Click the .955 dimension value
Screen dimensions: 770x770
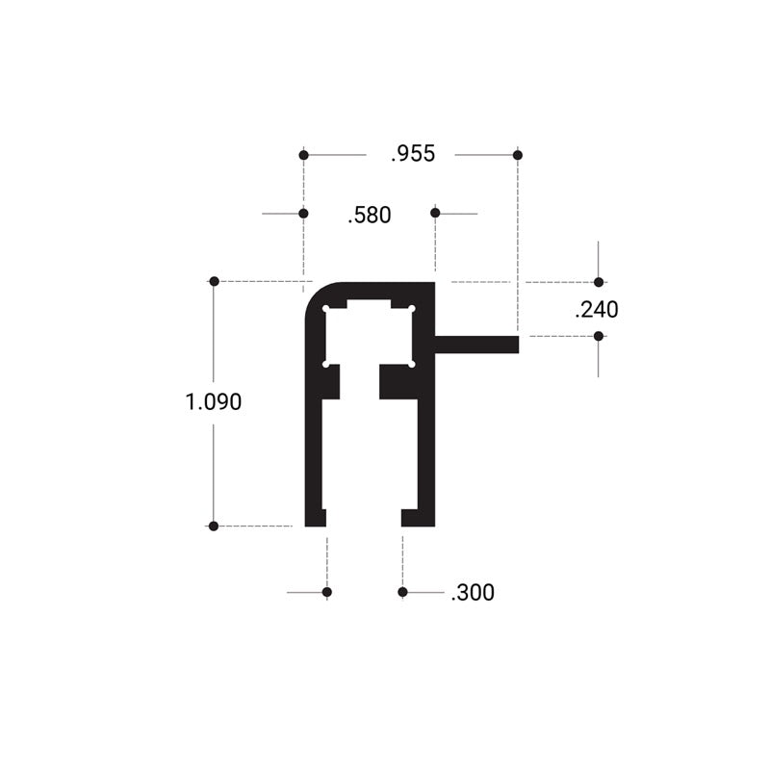[413, 154]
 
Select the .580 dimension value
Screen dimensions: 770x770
[370, 215]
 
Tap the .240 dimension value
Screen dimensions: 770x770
[596, 310]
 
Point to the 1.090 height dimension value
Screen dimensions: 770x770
[214, 402]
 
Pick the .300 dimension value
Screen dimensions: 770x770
[472, 593]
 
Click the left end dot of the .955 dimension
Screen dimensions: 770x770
[303, 155]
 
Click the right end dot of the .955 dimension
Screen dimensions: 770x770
[518, 155]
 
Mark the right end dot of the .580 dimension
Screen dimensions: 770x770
[435, 213]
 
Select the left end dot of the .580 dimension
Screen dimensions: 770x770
[303, 213]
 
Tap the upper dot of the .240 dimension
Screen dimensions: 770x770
[599, 282]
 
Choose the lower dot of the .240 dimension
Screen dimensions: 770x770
[599, 336]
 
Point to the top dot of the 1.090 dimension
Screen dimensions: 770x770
[214, 281]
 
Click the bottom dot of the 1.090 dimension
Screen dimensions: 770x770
[214, 526]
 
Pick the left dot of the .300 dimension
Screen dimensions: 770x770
[327, 592]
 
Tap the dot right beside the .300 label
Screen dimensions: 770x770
[402, 592]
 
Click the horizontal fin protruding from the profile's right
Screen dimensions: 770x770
[476, 345]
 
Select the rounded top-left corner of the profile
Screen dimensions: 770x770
[316, 295]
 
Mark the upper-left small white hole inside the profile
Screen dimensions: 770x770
[328, 310]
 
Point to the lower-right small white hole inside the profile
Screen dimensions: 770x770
[411, 364]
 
